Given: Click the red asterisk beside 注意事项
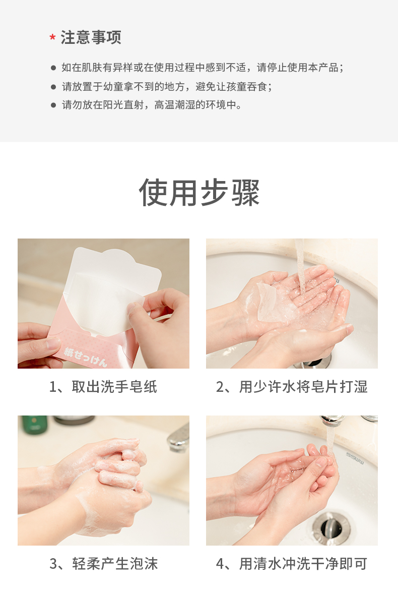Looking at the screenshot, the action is [52, 37].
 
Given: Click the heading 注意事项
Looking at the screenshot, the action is [91, 37].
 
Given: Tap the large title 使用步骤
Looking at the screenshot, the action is [199, 193].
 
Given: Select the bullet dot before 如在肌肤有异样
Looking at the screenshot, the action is [53, 68].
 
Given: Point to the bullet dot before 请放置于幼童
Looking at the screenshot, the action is [53, 87].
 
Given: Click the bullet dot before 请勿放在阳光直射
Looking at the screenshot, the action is [53, 105].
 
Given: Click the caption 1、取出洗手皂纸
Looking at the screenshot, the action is [103, 387].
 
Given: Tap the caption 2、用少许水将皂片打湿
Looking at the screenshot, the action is [292, 387].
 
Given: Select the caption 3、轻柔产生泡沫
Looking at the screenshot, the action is [104, 564].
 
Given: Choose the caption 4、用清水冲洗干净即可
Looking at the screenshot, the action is [292, 564].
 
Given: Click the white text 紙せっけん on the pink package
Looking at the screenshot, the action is [86, 357].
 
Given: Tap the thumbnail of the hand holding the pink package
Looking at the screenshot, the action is [103, 304].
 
